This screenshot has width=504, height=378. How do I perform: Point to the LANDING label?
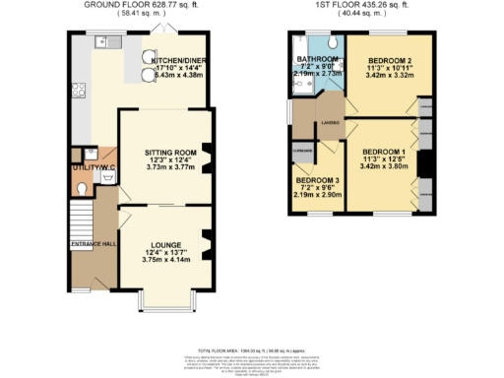coord(329,123)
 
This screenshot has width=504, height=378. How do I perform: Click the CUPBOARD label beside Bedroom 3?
coord(302,150)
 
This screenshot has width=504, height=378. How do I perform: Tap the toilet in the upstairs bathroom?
coord(332,44)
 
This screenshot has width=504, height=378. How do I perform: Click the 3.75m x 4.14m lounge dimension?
coord(164,258)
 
